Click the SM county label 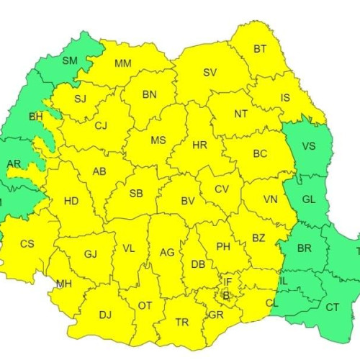[x=70, y=60]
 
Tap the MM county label [x=123, y=63]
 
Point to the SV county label [x=210, y=73]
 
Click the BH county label [x=35, y=116]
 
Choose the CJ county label [x=101, y=126]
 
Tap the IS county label [x=285, y=98]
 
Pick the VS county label [x=308, y=146]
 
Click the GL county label [x=308, y=199]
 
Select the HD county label [x=71, y=201]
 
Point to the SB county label [x=136, y=194]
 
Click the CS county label [x=27, y=244]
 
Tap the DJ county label [x=105, y=314]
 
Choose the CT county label [x=333, y=307]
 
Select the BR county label [x=304, y=248]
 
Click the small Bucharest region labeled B [x=225, y=294]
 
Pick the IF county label [x=228, y=282]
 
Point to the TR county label [x=183, y=323]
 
